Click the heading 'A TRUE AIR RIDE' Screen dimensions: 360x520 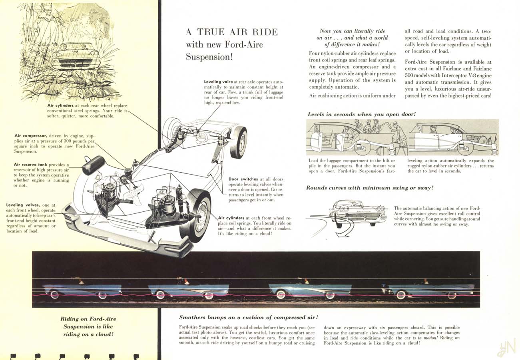(x=232, y=32)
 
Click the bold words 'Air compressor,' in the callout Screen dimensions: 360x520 (x=30, y=136)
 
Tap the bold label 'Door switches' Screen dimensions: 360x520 (x=243, y=179)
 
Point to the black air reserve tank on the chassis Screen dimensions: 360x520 (x=94, y=165)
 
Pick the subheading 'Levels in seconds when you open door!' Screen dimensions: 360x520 (x=362, y=114)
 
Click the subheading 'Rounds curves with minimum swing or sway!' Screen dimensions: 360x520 (x=370, y=188)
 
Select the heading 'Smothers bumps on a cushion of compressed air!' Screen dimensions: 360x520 (x=249, y=317)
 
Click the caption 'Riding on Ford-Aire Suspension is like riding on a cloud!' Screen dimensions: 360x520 (x=88, y=326)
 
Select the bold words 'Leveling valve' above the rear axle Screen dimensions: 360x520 (x=219, y=82)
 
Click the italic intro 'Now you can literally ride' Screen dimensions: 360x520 (x=353, y=31)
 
